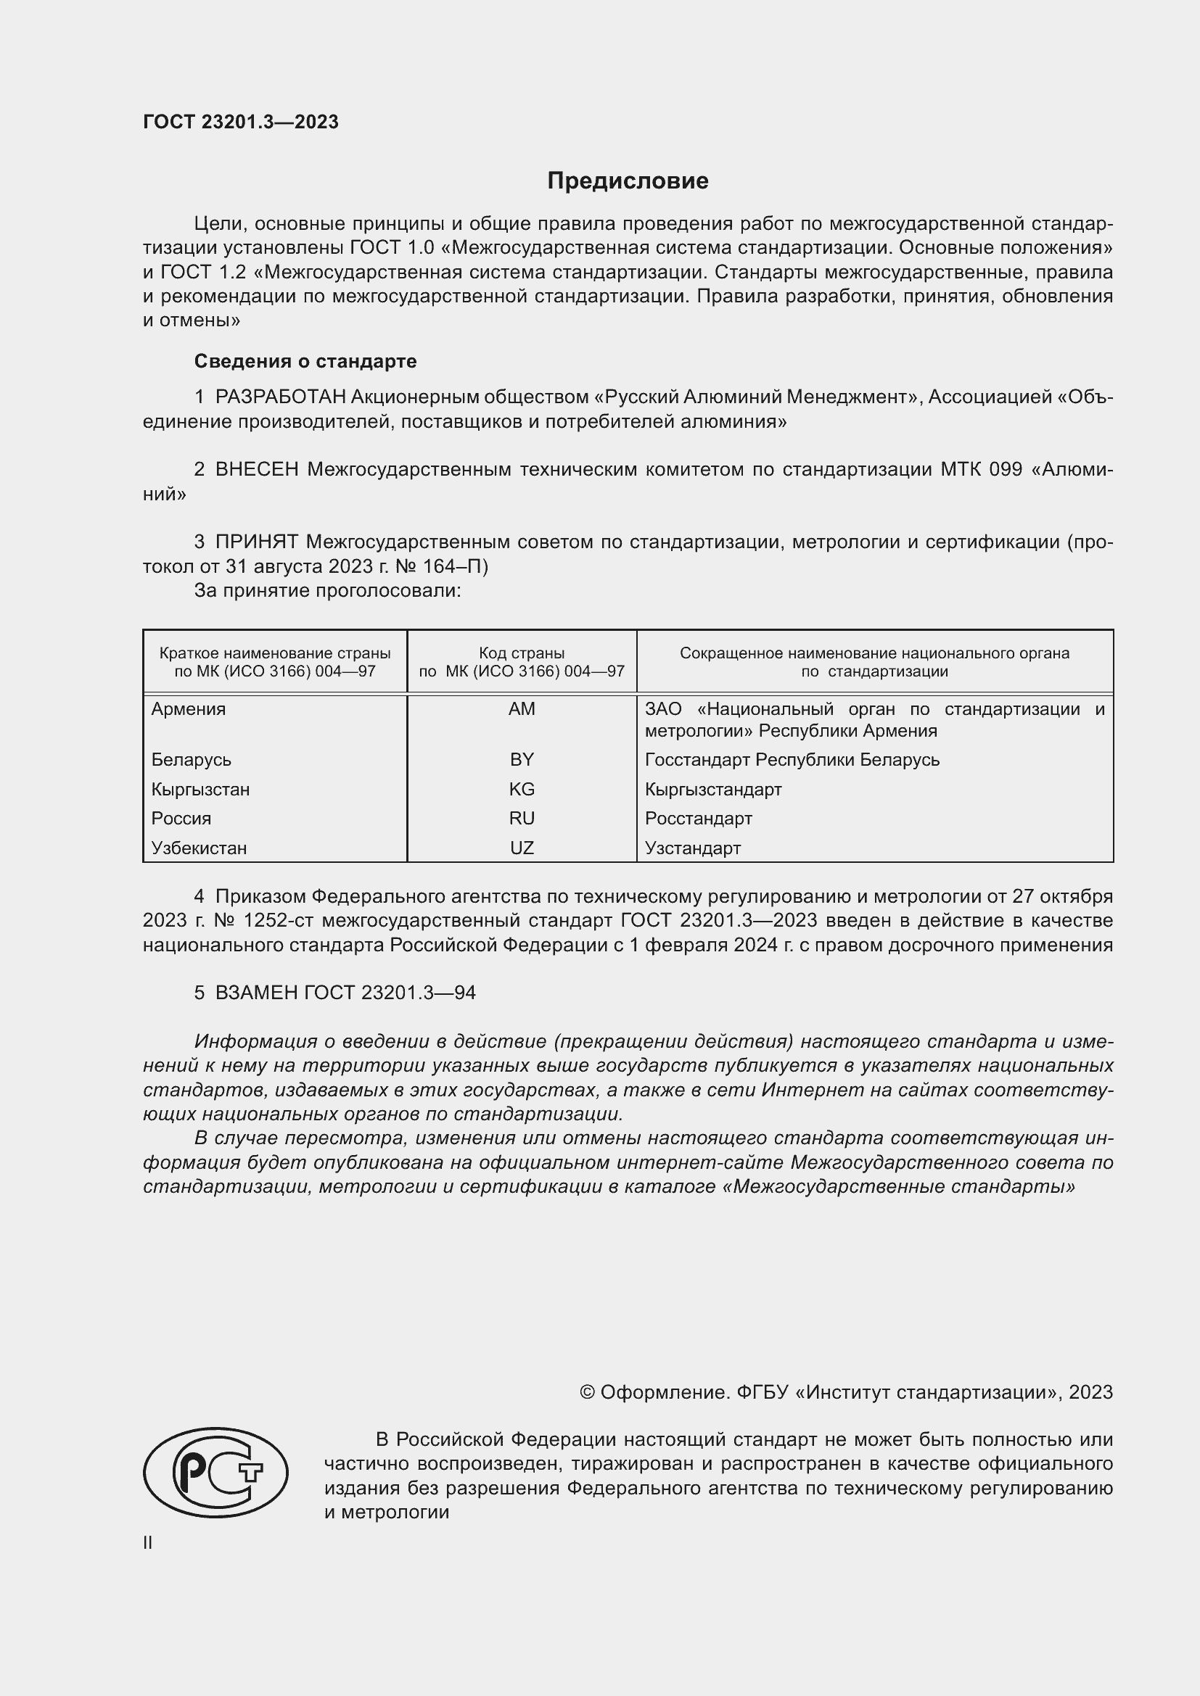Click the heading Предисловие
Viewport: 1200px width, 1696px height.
tap(628, 181)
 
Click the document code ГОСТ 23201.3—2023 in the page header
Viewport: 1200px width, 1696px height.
tap(241, 122)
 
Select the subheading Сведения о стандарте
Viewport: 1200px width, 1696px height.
tap(305, 361)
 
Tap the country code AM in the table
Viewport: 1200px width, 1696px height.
tap(522, 709)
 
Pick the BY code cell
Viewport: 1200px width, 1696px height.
tap(522, 759)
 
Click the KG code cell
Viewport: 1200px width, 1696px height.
tap(522, 789)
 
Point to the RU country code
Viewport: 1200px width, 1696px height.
tap(522, 819)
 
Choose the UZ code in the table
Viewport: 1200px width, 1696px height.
tap(522, 848)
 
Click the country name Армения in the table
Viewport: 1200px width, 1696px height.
tap(189, 709)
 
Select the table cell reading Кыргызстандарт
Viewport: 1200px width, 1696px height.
tap(713, 789)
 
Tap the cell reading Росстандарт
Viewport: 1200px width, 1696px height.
tap(698, 819)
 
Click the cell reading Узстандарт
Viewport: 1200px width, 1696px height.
tap(692, 848)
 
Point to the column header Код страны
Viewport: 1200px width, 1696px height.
tap(522, 653)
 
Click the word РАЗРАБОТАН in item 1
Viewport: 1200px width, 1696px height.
tap(280, 397)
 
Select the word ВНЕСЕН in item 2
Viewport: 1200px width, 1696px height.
tap(256, 470)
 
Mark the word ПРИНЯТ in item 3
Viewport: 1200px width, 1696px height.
tap(256, 542)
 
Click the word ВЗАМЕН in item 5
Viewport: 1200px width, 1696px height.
tap(256, 993)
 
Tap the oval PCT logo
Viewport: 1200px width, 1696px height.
tap(215, 1472)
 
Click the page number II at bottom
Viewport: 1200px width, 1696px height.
tap(148, 1542)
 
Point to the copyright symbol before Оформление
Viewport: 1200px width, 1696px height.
tap(587, 1392)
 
